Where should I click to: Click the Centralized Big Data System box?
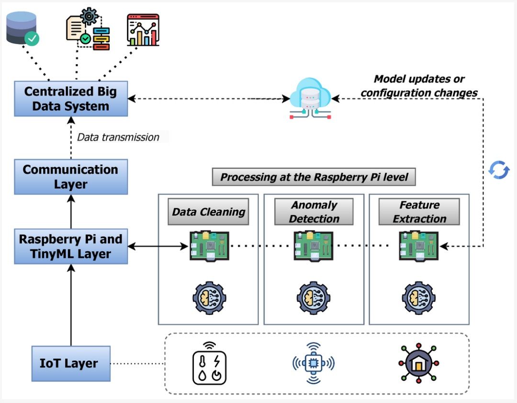point(71,99)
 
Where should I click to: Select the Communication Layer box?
point(71,177)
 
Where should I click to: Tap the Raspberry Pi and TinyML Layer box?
point(71,246)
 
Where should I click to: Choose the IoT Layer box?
point(71,363)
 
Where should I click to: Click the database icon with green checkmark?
point(22,28)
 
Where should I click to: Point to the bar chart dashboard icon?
point(143,30)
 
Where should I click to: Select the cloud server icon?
point(310,98)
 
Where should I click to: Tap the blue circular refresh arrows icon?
point(499,170)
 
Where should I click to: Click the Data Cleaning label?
point(208,212)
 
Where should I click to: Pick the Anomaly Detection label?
point(314,212)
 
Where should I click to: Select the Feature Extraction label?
point(419,212)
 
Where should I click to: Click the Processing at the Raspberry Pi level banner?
point(314,177)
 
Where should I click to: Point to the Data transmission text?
point(118,138)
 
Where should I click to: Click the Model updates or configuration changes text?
point(419,86)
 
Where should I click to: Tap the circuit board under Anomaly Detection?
point(314,246)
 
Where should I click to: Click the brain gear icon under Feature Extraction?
point(419,298)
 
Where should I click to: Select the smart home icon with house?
point(419,363)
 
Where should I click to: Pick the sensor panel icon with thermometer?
point(209,363)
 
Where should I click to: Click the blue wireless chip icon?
point(314,363)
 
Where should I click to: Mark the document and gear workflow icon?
point(88,29)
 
